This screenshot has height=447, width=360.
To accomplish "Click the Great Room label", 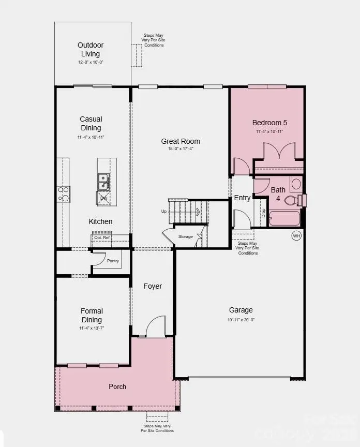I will tap(181, 141).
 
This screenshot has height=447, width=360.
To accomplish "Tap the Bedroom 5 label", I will tap(269, 123).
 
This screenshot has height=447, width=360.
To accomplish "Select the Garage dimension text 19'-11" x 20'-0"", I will tap(241, 320).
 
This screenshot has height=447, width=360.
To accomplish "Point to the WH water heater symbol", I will tap(296, 235).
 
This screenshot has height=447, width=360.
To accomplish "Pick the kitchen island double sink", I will tap(103, 182).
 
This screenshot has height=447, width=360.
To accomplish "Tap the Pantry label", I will tap(113, 261).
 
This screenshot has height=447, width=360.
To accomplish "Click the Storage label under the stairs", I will tap(186, 237).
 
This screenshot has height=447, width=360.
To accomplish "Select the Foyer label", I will tap(153, 286).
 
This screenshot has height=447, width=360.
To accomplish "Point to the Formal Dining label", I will tap(92, 315).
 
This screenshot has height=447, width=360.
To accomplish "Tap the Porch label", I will tap(117, 386).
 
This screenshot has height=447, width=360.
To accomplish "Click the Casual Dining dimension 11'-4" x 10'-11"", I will tap(91, 137).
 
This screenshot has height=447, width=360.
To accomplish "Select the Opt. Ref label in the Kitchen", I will tap(102, 237).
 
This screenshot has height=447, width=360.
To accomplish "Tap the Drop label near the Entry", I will tap(263, 213).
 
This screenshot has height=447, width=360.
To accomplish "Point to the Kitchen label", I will tap(100, 221).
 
